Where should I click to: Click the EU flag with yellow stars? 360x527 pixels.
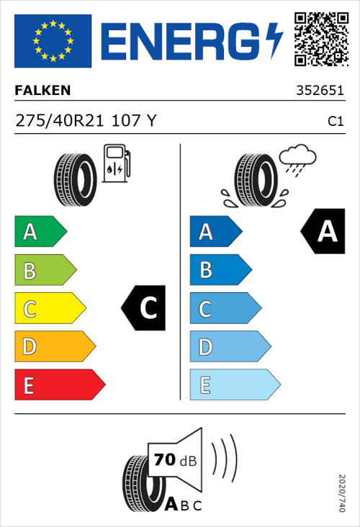coord(53,40)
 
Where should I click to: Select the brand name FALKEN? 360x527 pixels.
coord(42,91)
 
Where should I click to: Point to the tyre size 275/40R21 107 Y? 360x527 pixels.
coord(86,122)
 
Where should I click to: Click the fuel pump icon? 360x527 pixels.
coord(116,163)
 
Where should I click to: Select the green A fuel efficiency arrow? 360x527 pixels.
coord(40,232)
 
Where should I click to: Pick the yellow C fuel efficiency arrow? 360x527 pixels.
coord(49,309)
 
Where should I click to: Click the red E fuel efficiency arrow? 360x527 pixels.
coord(59,385)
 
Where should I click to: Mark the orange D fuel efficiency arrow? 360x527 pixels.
coord(54,347)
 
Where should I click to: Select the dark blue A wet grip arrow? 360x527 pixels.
coord(215,232)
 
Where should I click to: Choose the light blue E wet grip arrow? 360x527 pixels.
coord(234,385)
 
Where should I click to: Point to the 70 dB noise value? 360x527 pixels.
coord(174,459)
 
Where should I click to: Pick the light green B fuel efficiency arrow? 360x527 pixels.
coord(45,271)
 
